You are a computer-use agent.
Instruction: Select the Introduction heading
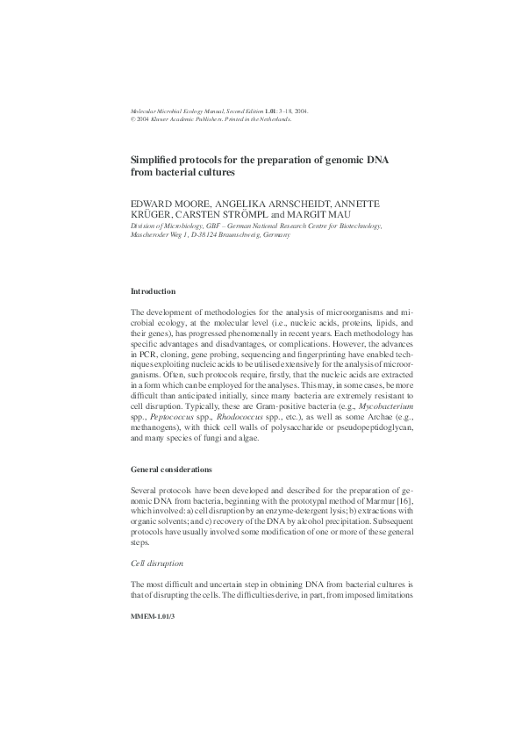(x=153, y=291)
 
